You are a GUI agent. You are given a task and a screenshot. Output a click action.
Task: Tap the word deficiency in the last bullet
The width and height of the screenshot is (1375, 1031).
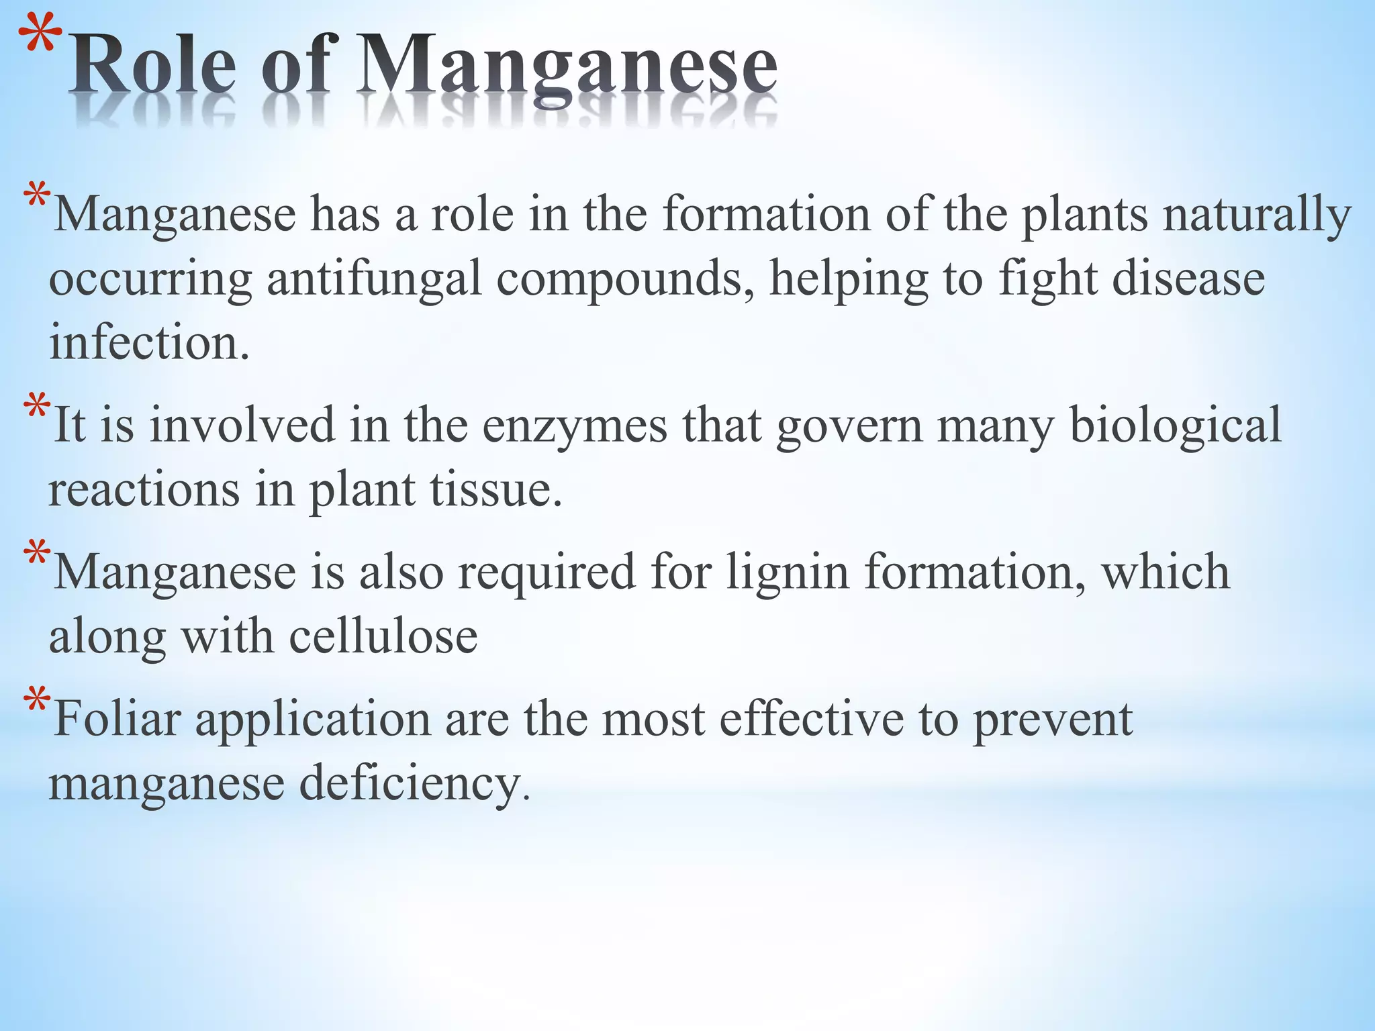point(410,783)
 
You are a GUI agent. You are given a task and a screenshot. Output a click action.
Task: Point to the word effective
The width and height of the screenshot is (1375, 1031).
point(812,719)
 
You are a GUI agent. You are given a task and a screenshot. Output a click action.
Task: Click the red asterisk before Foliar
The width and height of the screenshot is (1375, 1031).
point(36,703)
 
